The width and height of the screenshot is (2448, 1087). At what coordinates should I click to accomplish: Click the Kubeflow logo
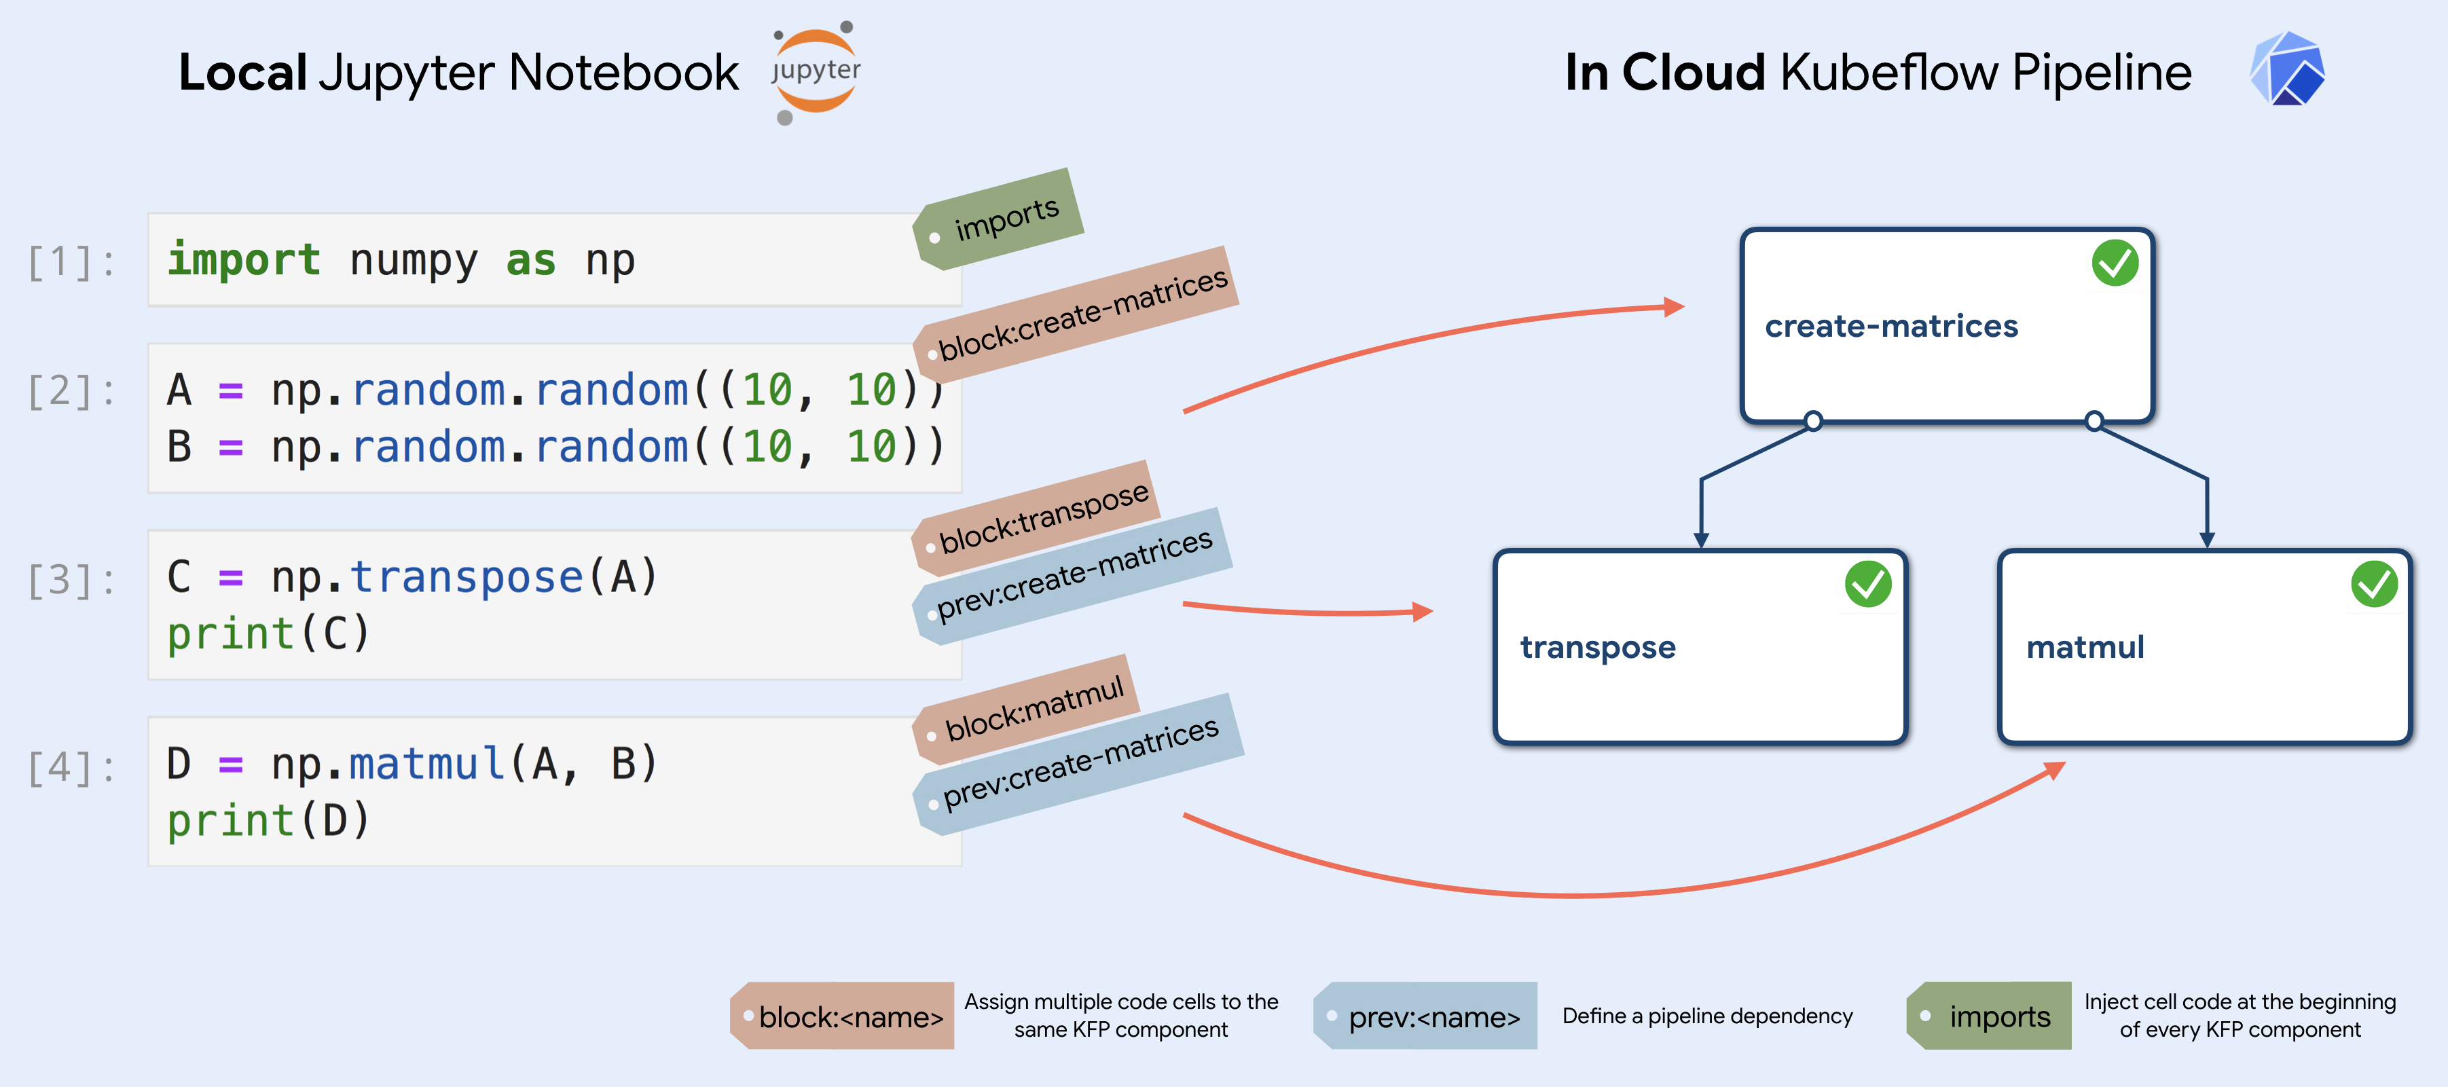(2287, 69)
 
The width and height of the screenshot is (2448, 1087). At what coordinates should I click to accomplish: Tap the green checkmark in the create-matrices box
(2115, 263)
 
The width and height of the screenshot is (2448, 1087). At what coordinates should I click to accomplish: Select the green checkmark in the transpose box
(1867, 585)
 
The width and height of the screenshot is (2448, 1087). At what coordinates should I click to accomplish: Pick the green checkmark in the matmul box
(2374, 585)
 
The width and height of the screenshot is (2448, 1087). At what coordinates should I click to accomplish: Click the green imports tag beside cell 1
(998, 219)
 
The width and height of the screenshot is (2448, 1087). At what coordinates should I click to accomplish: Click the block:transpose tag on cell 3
(1036, 519)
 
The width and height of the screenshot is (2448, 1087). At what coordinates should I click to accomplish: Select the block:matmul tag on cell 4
(1026, 709)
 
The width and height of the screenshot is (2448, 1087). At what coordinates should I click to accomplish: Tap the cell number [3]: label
(72, 580)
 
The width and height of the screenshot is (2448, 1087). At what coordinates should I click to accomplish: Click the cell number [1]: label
(72, 261)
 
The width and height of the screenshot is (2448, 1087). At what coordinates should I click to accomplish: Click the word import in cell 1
(244, 259)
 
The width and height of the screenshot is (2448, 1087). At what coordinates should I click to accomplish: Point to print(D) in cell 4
(268, 820)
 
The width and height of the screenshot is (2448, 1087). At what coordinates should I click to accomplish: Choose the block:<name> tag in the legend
(842, 1016)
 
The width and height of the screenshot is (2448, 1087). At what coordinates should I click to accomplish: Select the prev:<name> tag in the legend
(1425, 1016)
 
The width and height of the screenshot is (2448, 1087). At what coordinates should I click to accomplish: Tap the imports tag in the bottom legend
(1989, 1016)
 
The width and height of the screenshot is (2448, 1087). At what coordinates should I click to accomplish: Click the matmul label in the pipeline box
(2085, 647)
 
